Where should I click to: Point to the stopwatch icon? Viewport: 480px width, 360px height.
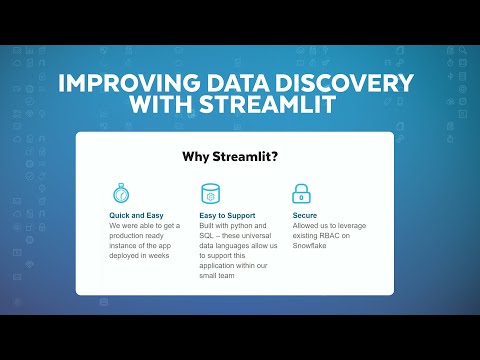[x=120, y=193]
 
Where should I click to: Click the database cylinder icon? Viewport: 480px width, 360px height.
[x=210, y=193]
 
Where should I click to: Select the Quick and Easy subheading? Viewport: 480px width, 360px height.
[x=137, y=215]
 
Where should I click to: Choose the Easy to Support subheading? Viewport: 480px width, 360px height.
[x=228, y=215]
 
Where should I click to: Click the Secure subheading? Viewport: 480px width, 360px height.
[x=305, y=215]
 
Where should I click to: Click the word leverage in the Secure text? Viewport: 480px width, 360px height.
[x=352, y=226]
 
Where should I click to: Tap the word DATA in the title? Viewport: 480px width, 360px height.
[x=229, y=83]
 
